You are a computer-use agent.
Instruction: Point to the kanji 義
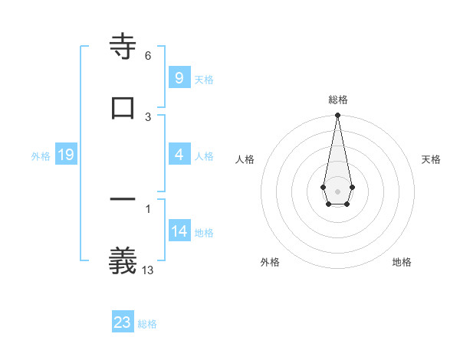(x=123, y=260)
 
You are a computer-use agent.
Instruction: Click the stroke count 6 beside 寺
(x=148, y=56)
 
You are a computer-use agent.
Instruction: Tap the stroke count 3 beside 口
(x=148, y=116)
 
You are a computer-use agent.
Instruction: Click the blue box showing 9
(x=179, y=78)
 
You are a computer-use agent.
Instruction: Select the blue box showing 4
(x=179, y=155)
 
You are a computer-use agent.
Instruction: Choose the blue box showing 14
(x=179, y=231)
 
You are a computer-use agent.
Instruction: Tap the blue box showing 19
(x=66, y=155)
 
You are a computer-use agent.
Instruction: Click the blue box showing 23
(x=123, y=322)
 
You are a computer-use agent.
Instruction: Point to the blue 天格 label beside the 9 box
(x=203, y=80)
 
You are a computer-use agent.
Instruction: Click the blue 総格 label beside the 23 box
(x=147, y=324)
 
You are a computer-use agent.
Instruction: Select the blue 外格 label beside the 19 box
(x=41, y=156)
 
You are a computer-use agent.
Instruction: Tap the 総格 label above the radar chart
(x=337, y=100)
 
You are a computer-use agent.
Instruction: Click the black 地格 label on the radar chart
(x=402, y=262)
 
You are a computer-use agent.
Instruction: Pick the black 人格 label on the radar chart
(x=245, y=159)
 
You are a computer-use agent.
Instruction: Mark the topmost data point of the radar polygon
(x=337, y=115)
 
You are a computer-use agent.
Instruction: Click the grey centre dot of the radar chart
(x=337, y=190)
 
